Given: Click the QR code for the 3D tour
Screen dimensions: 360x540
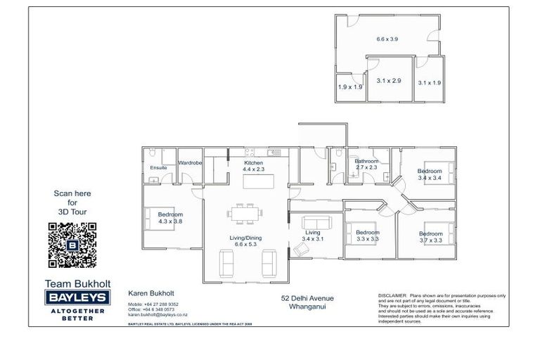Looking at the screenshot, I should click(72, 245).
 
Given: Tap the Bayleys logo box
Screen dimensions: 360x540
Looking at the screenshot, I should click(74, 298).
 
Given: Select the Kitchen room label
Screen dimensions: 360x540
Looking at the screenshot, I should click(253, 162).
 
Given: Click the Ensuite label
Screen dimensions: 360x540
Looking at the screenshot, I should click(159, 168).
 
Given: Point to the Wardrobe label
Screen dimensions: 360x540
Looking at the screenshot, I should click(190, 163).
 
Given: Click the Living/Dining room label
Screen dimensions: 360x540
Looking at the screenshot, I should click(245, 238).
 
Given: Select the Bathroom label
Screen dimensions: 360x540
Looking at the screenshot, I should click(367, 160).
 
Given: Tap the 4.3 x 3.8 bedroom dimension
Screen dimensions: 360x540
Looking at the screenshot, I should click(170, 221).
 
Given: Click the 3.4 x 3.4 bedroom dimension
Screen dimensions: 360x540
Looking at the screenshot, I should click(429, 178).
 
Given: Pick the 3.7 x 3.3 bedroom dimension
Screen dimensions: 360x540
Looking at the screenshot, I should click(431, 240).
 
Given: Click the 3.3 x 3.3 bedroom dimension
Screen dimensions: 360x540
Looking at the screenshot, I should click(367, 239).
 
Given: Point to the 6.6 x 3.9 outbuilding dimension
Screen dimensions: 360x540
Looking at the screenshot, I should click(387, 39).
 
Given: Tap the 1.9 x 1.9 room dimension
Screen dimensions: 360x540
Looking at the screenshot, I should click(350, 87).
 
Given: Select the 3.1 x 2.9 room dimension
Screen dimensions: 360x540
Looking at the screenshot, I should click(388, 81).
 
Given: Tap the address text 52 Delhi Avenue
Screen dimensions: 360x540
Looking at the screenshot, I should click(307, 298).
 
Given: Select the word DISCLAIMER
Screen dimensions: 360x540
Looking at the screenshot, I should click(392, 296).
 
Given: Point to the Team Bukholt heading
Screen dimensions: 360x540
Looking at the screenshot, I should click(73, 283).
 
